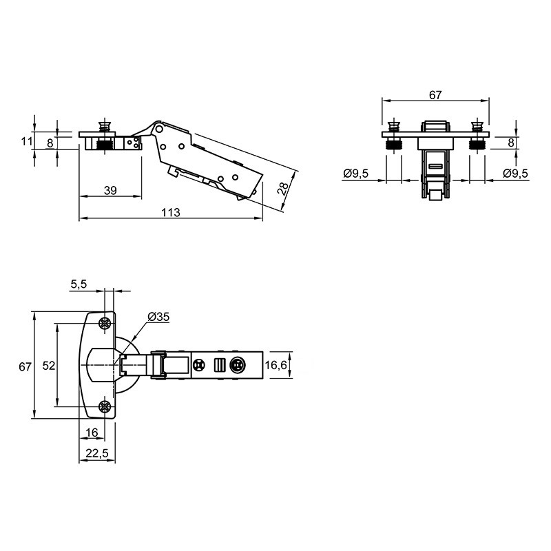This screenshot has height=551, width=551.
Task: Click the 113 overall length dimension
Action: click(171, 213)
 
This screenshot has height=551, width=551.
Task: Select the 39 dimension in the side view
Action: click(110, 191)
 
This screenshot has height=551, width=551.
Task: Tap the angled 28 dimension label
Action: click(283, 189)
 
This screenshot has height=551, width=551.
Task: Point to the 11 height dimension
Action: click(27, 141)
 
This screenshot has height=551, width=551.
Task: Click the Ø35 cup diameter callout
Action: click(158, 317)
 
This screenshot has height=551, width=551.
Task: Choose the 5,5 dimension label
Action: click(79, 284)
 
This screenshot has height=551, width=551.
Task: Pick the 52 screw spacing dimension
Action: click(49, 366)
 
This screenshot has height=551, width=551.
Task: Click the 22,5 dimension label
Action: click(97, 453)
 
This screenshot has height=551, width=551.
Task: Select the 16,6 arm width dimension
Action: click(276, 365)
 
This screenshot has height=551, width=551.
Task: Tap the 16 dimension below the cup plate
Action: click(92, 433)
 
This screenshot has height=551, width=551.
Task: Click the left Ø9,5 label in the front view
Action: click(356, 174)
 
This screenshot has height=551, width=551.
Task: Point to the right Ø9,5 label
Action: click(515, 174)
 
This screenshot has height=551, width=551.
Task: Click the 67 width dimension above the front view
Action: click(435, 95)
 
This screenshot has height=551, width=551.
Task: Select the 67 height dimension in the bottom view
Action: click(25, 366)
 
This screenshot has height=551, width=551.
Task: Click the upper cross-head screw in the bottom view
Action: click(105, 323)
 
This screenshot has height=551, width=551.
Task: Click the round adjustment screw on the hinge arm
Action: click(237, 366)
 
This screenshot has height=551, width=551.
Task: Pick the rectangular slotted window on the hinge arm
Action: click(219, 365)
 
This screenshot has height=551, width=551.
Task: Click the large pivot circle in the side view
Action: click(159, 129)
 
